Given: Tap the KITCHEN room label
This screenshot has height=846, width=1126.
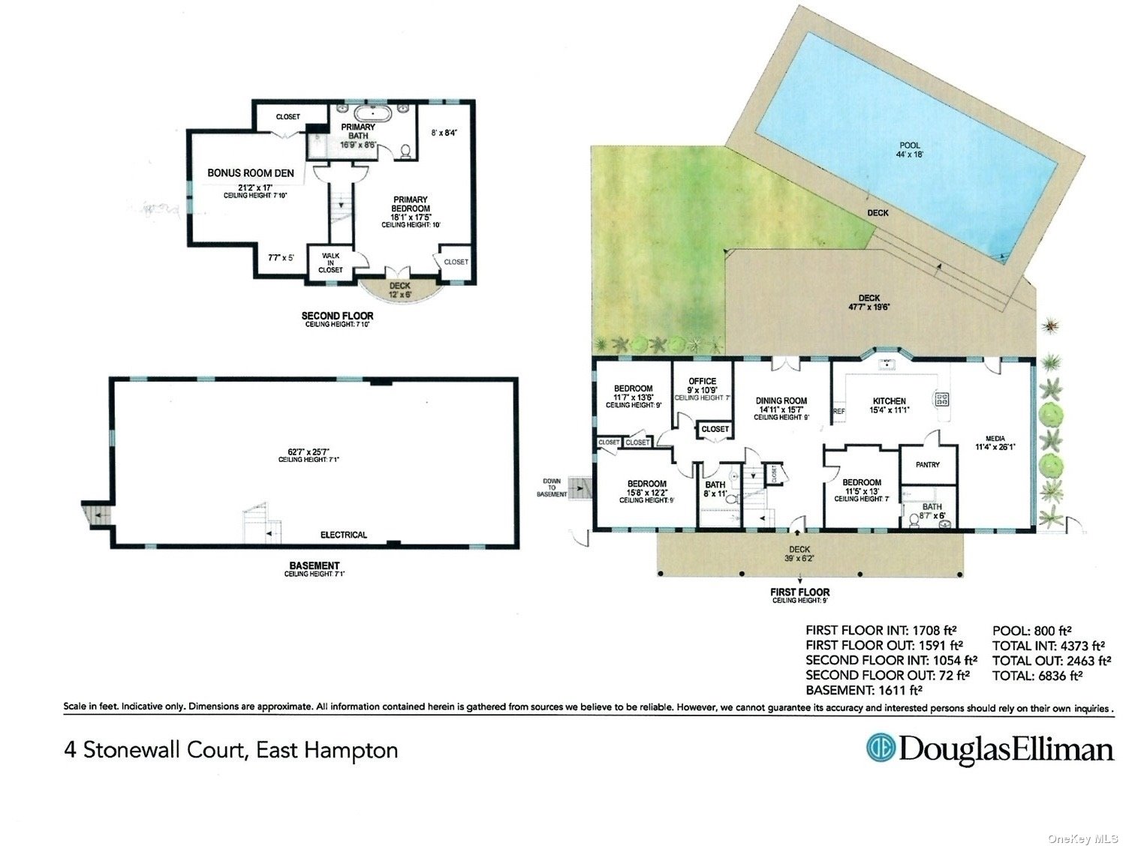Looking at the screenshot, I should click(x=889, y=401).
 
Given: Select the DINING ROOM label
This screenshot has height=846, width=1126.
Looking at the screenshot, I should click(x=781, y=401).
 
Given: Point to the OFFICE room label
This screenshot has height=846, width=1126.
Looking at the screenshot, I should click(x=702, y=381).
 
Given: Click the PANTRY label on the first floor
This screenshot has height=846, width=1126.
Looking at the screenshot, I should click(x=928, y=465).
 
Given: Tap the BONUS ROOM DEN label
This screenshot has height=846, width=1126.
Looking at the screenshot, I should click(x=251, y=173).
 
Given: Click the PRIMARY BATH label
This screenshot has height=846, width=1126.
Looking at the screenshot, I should click(x=358, y=132).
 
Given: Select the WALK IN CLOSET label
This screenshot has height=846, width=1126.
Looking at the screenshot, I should click(x=330, y=262).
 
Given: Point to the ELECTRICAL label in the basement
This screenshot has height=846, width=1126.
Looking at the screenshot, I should click(x=344, y=535).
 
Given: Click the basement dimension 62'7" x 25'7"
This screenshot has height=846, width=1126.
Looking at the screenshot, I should click(x=309, y=451).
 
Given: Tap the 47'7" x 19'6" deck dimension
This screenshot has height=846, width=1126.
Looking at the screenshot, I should click(x=869, y=307).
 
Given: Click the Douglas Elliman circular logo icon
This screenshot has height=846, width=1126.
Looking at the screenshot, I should click(x=881, y=748).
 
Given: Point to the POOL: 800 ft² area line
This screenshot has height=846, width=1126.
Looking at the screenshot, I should click(x=1031, y=631).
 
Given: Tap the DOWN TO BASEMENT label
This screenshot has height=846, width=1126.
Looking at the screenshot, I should click(x=552, y=487).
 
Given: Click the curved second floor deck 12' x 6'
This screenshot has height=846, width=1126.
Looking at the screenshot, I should click(x=399, y=289).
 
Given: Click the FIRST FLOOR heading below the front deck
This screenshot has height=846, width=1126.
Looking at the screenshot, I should click(x=799, y=592).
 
